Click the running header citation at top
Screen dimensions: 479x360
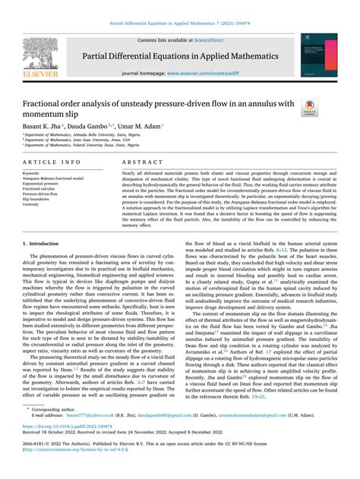180,8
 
